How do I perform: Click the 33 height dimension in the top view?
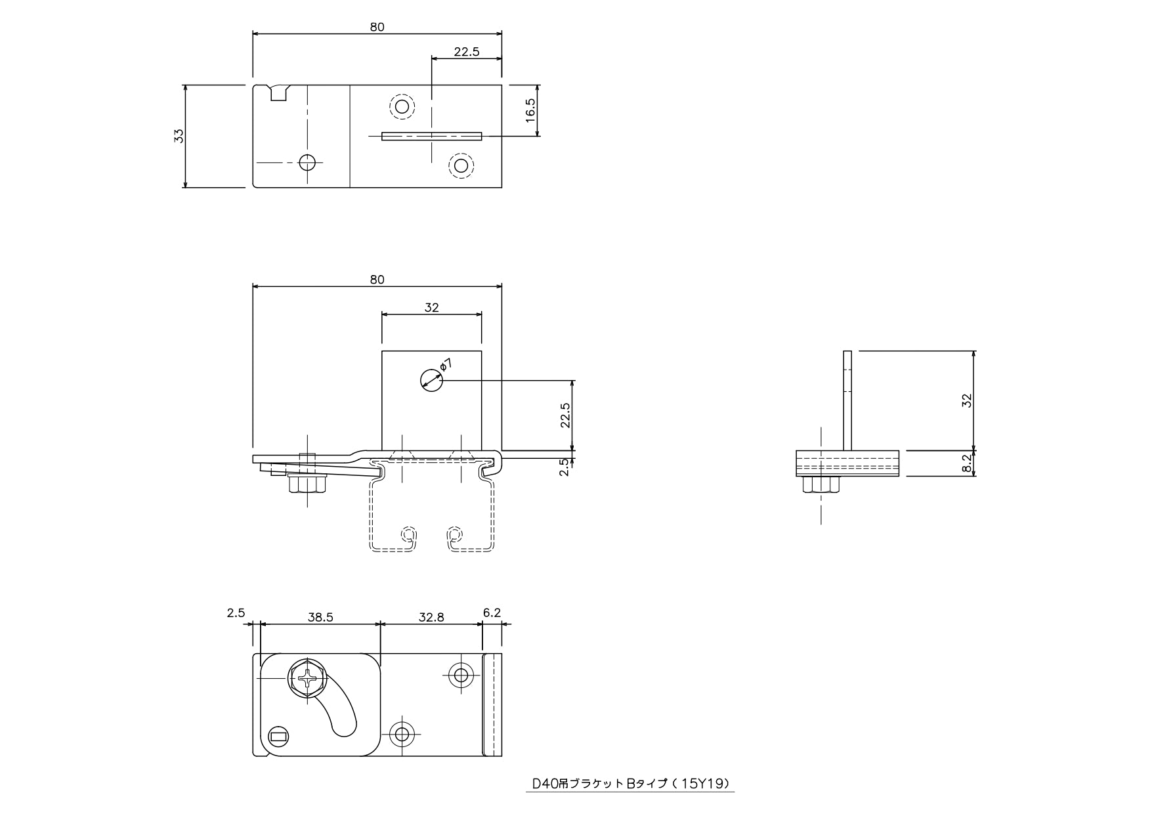pyautogui.click(x=179, y=136)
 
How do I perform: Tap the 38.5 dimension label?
pyautogui.click(x=320, y=617)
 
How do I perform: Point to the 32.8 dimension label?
pyautogui.click(x=431, y=617)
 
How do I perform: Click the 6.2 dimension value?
pyautogui.click(x=492, y=612)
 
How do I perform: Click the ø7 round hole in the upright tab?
pyautogui.click(x=432, y=380)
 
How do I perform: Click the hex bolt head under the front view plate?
pyautogui.click(x=307, y=485)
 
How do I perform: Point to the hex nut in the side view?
pyautogui.click(x=821, y=484)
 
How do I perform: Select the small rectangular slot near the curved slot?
pyautogui.click(x=279, y=737)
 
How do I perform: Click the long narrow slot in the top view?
pyautogui.click(x=431, y=136)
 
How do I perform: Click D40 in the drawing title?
pyautogui.click(x=545, y=783)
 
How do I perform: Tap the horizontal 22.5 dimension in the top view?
pyautogui.click(x=466, y=52)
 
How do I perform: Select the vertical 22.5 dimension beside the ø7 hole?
pyautogui.click(x=565, y=415)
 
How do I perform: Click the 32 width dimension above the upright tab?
pyautogui.click(x=431, y=307)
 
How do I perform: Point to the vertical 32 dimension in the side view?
pyautogui.click(x=966, y=401)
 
